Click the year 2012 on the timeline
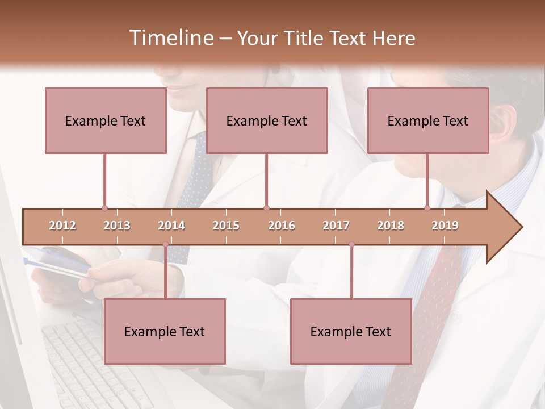click(x=62, y=226)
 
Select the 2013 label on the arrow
click(x=117, y=226)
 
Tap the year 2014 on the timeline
click(x=171, y=226)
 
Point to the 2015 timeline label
click(x=226, y=226)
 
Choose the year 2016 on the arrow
click(x=282, y=226)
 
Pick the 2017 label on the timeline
click(x=336, y=226)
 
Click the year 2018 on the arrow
click(x=391, y=226)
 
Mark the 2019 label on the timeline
click(x=445, y=226)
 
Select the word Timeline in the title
click(x=170, y=38)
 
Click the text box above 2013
click(x=106, y=120)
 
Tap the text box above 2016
click(x=267, y=120)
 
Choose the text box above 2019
click(x=428, y=120)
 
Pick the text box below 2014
click(x=165, y=331)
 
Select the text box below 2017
click(x=351, y=331)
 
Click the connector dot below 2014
click(x=165, y=244)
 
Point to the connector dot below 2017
click(x=351, y=244)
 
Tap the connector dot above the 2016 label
click(x=266, y=208)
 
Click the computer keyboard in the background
click(x=85, y=364)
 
